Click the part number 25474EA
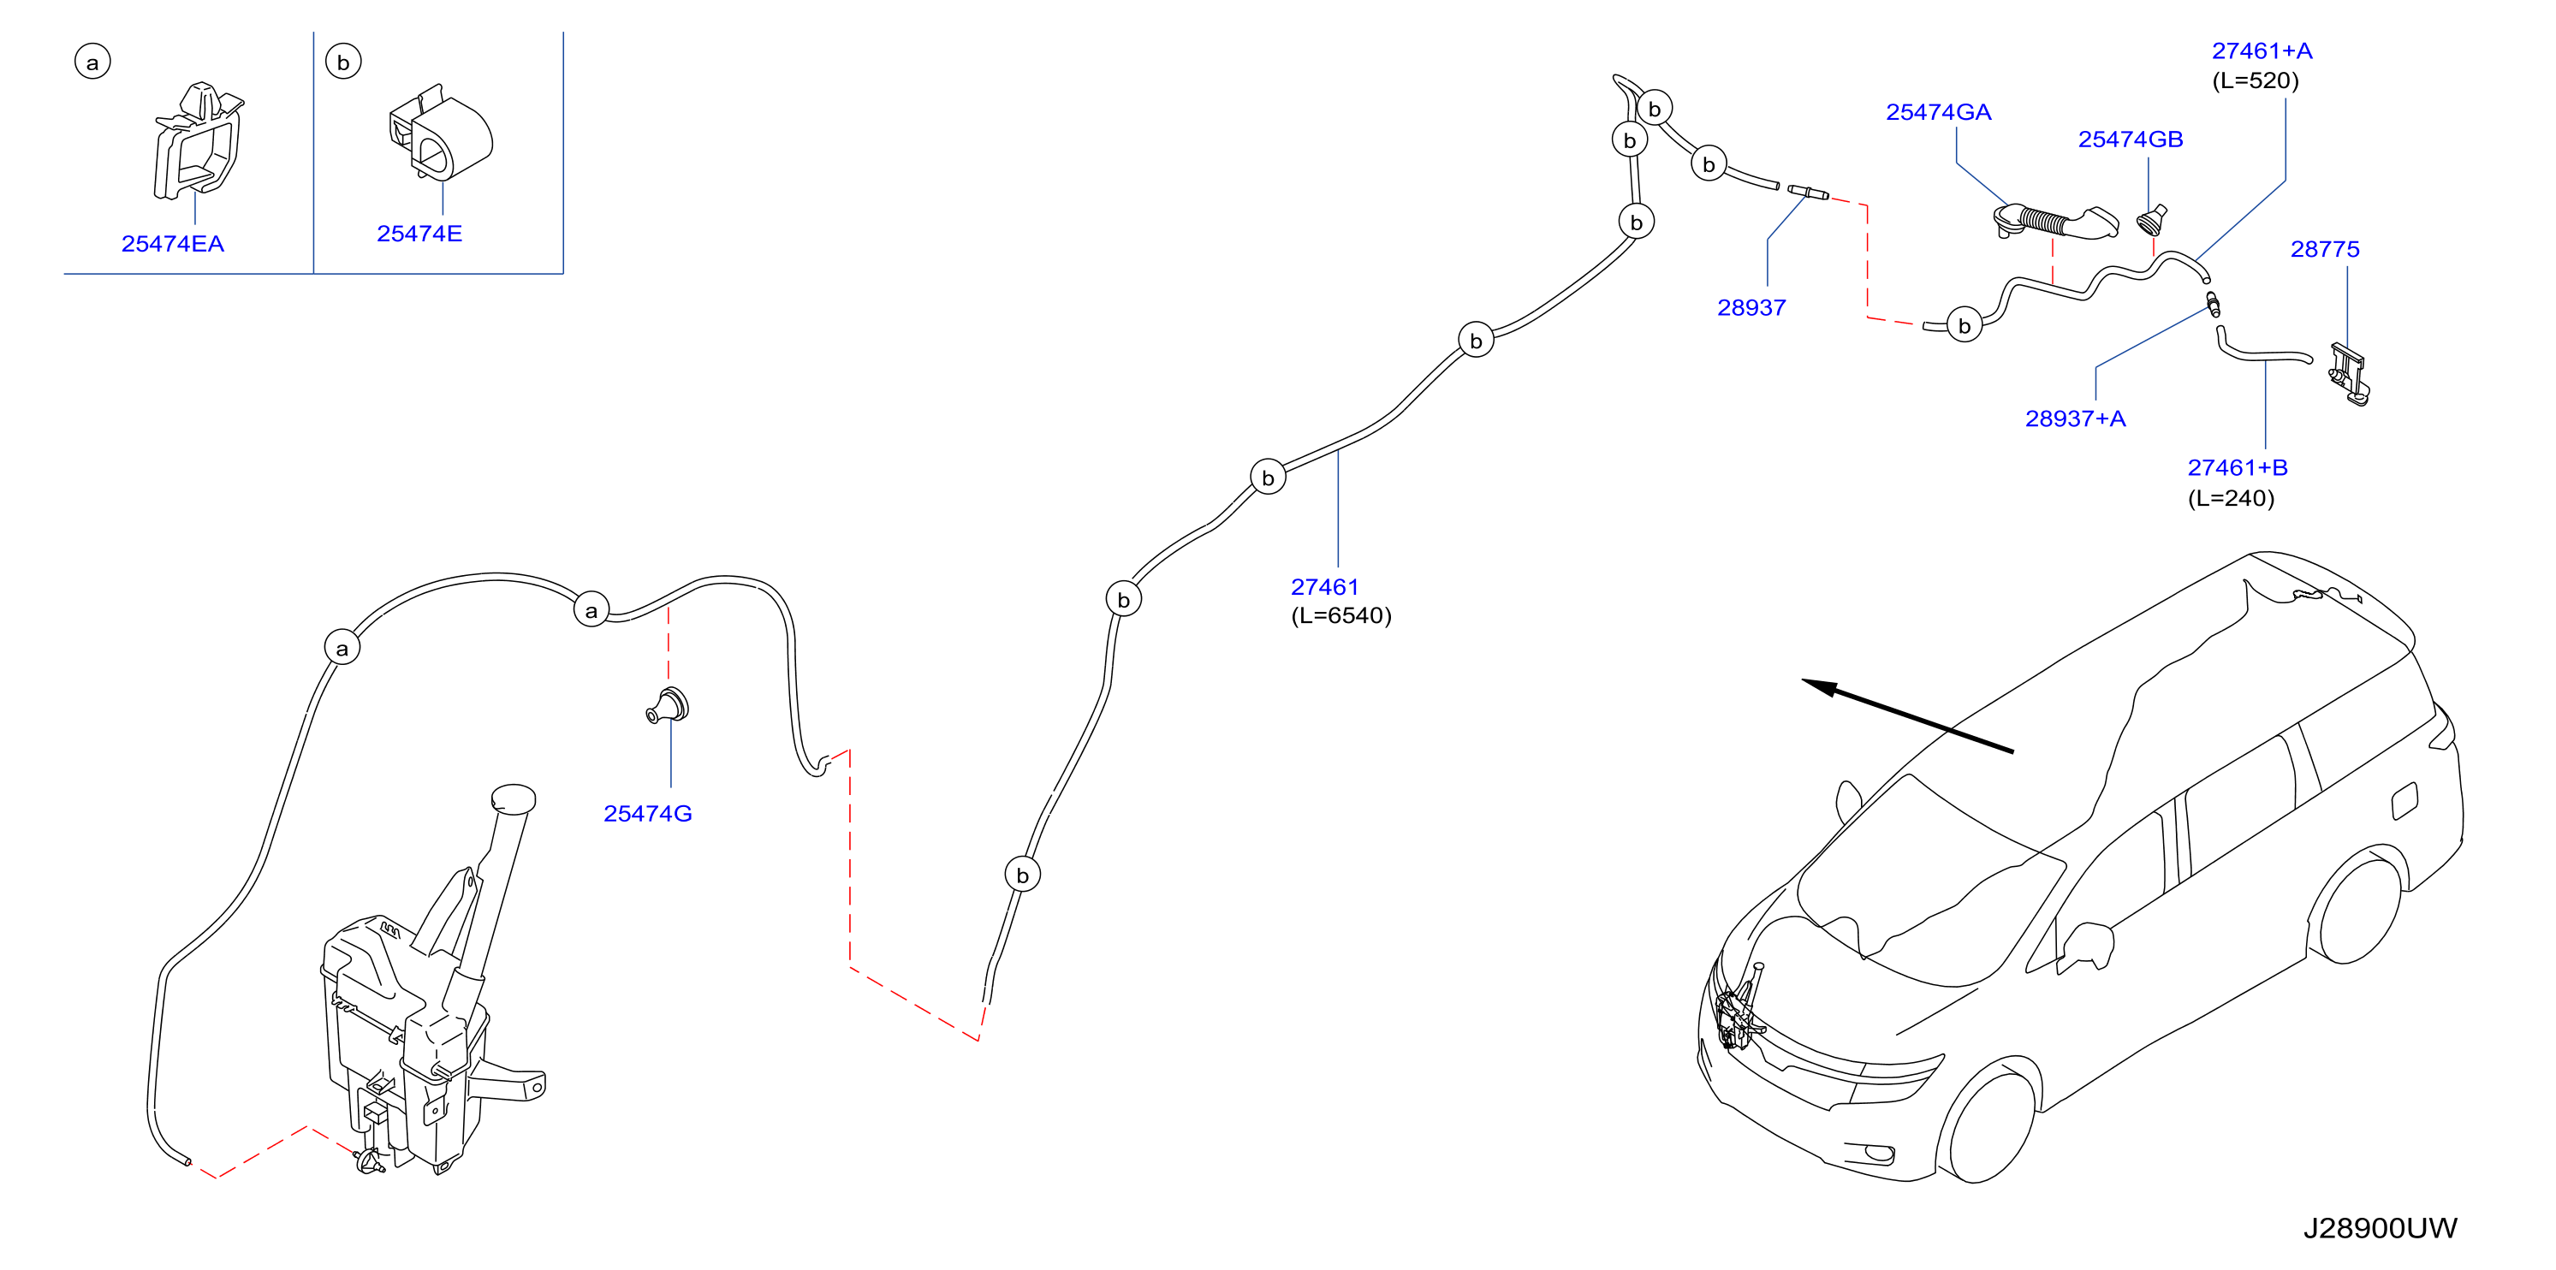[173, 243]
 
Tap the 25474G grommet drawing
[668, 704]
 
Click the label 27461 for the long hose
[1324, 586]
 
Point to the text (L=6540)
[1340, 616]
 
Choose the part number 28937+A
[2075, 418]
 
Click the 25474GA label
[1938, 112]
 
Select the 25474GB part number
[2131, 139]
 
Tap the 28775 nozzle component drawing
[2349, 374]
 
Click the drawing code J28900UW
[2380, 1228]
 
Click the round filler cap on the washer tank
[513, 798]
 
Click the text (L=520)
[2255, 80]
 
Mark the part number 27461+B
[2238, 467]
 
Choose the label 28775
[2324, 249]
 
